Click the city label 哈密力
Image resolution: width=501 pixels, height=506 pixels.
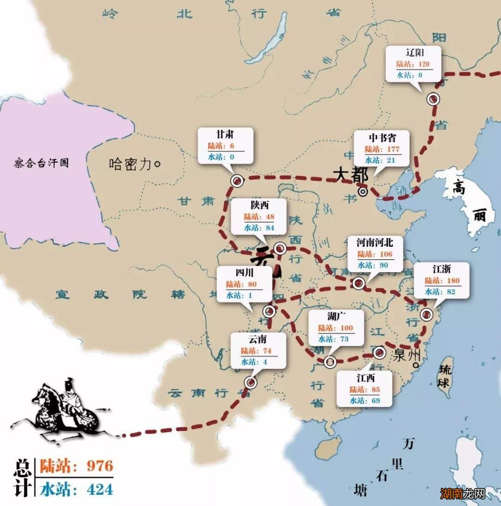(131, 164)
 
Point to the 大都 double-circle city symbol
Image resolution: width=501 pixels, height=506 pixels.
(363, 191)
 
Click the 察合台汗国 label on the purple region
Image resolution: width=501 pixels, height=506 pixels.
(41, 163)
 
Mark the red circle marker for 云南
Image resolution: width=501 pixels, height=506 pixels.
(250, 382)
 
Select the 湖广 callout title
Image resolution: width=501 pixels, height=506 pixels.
(337, 317)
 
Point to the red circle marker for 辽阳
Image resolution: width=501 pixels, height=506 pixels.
(433, 99)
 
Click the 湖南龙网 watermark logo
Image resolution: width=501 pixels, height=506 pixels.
(469, 493)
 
